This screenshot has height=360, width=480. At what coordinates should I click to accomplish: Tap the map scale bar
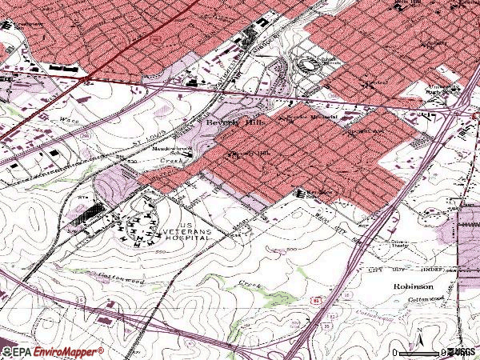(418, 352)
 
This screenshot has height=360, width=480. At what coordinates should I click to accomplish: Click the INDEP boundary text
(432, 272)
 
